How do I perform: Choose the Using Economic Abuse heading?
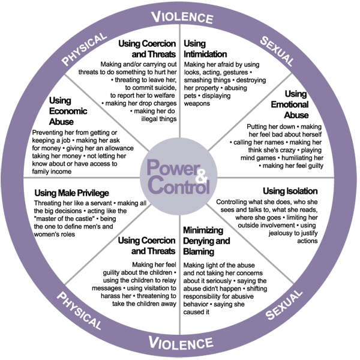click(x=68, y=111)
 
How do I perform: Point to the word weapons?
click(x=199, y=103)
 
